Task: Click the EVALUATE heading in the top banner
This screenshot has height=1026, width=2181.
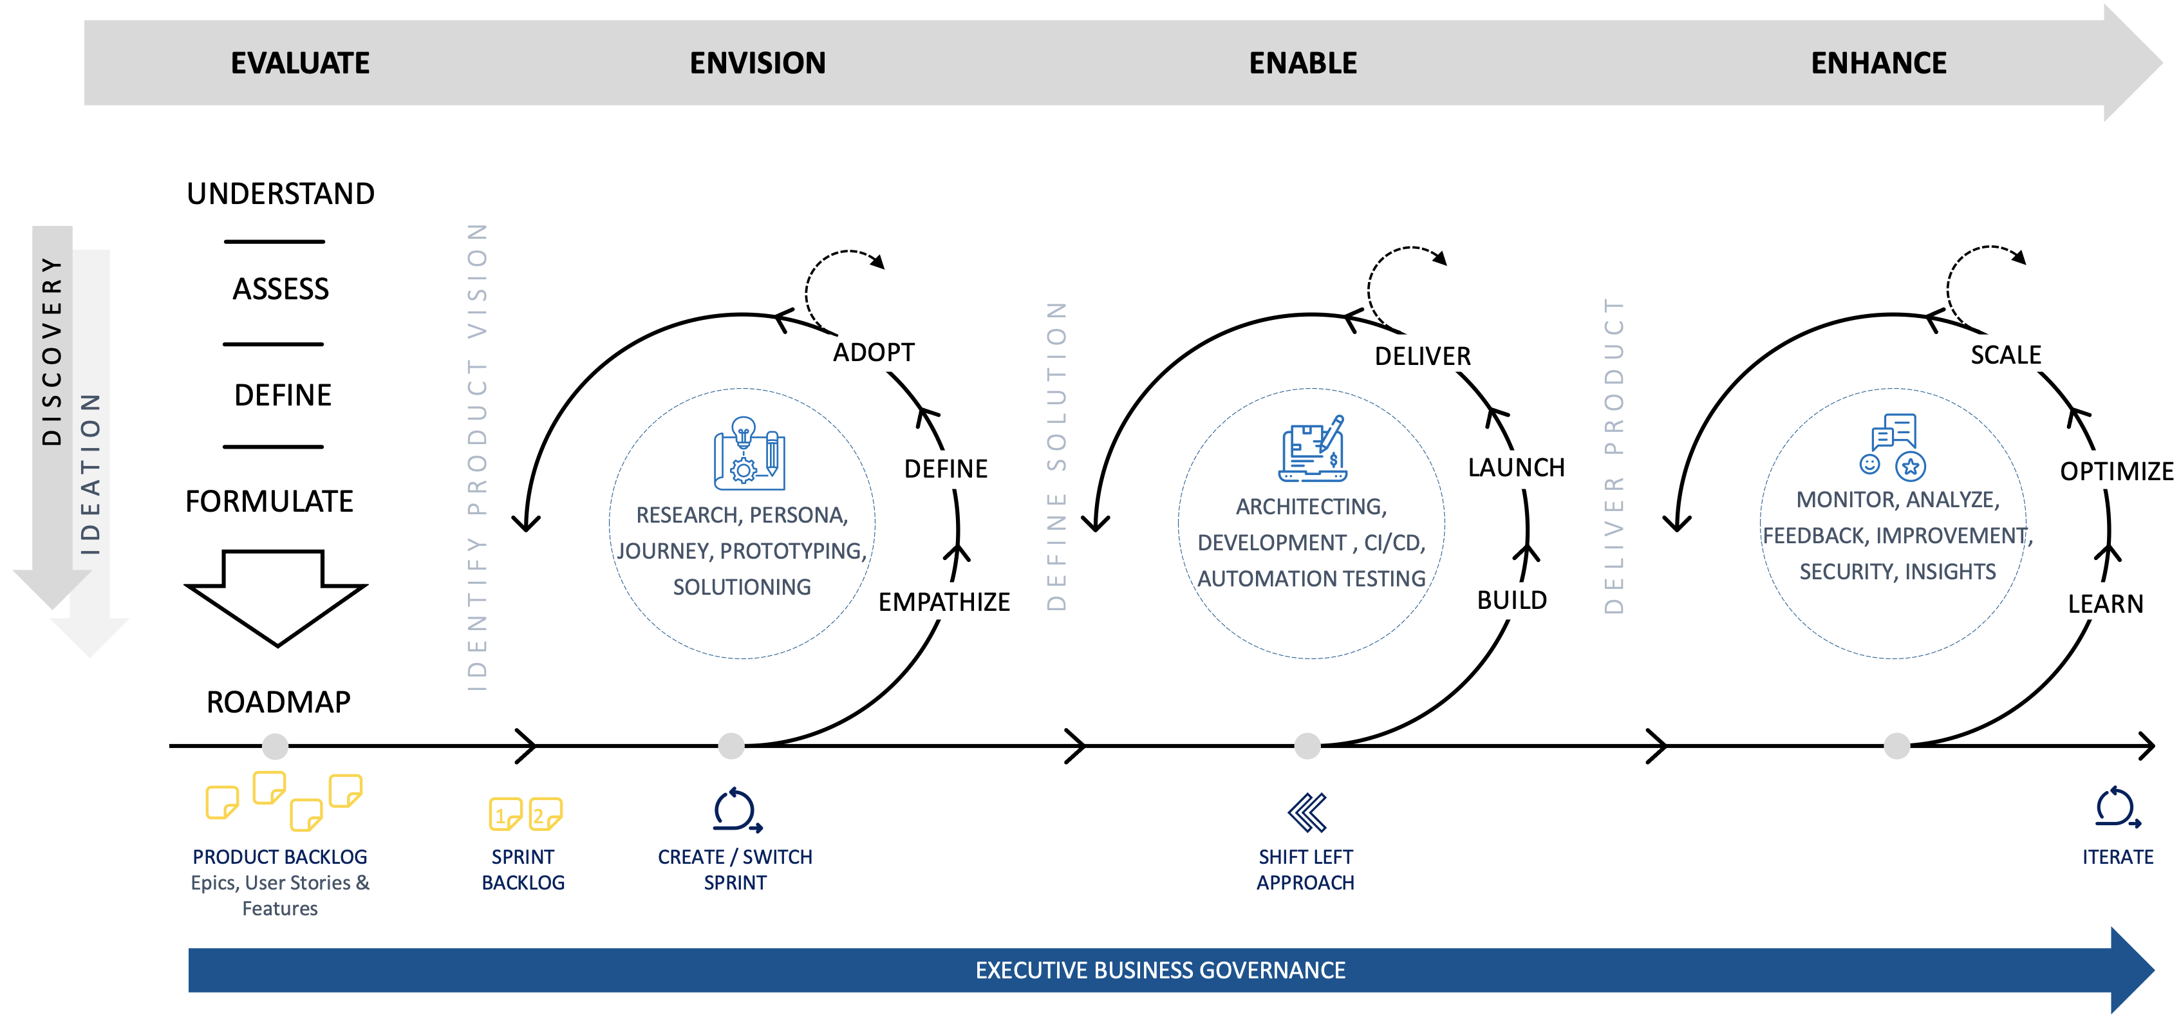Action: (300, 62)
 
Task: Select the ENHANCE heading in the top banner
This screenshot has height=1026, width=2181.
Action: (1878, 62)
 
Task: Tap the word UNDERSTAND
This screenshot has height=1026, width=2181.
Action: (280, 193)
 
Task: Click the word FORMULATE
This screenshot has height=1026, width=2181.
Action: (269, 501)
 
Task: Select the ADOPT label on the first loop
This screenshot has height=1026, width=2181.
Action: (874, 351)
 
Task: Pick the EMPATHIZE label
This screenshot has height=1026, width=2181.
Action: (943, 601)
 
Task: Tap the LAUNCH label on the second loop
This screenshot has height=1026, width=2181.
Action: (1515, 467)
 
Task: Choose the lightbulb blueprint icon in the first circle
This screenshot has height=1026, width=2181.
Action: (749, 454)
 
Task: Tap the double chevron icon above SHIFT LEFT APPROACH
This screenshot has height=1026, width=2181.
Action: (1306, 813)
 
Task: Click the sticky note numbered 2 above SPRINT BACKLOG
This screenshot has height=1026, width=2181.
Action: (545, 814)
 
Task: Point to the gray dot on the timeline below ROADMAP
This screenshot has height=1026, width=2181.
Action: (275, 746)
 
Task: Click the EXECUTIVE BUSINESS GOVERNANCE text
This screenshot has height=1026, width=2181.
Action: (1160, 969)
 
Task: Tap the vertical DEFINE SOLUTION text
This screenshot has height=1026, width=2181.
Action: (1056, 456)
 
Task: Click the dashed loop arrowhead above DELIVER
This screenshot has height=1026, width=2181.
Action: (1439, 258)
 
